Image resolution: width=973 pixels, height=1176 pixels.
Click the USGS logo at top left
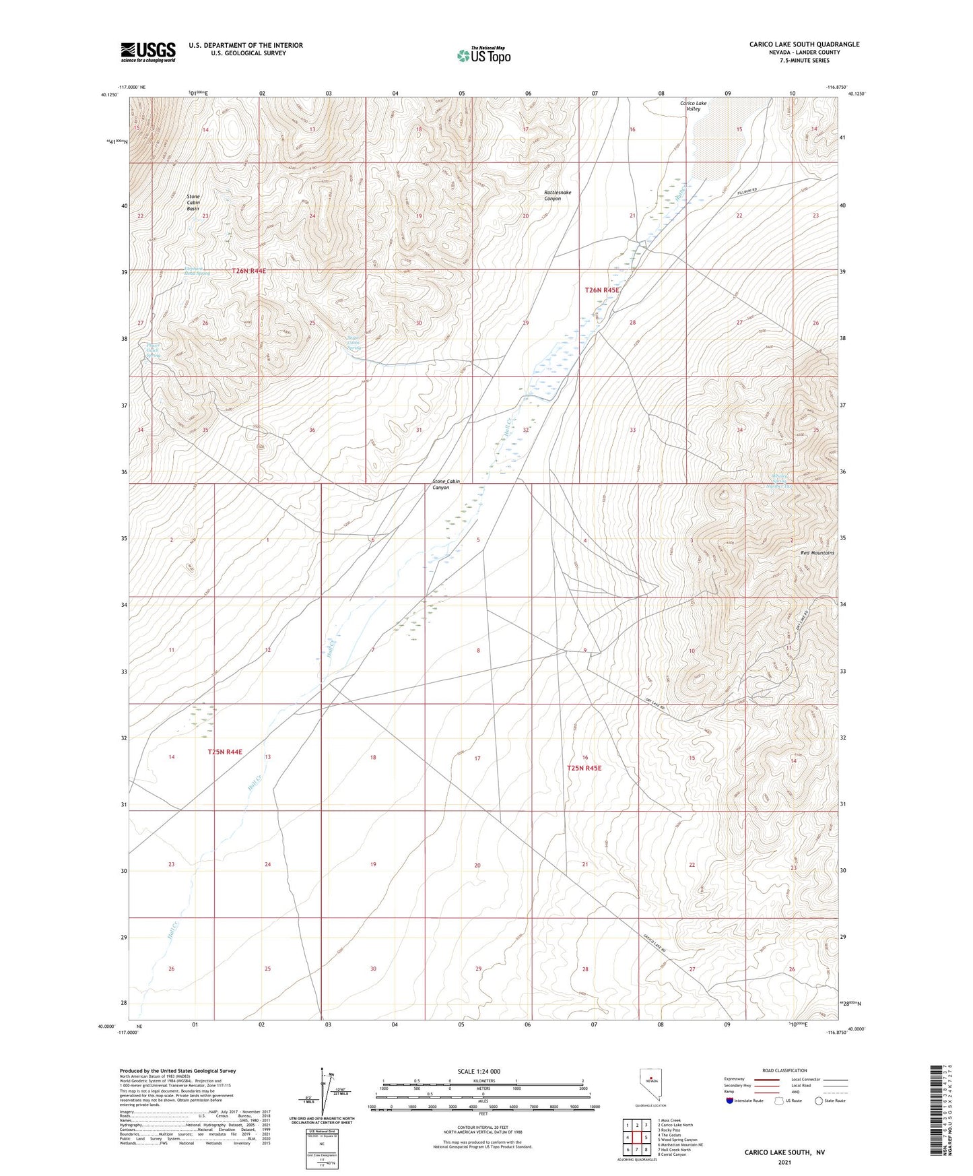click(148, 52)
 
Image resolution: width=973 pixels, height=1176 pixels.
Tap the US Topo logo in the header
click(483, 55)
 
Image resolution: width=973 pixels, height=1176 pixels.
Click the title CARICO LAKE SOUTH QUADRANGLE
click(804, 44)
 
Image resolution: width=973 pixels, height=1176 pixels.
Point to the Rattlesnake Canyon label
click(558, 195)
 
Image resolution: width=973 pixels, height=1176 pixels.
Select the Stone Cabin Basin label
click(193, 203)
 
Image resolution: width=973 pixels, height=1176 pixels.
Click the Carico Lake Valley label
click(692, 106)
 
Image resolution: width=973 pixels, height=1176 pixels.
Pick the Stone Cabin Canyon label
click(446, 484)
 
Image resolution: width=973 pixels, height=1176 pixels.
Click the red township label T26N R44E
click(249, 271)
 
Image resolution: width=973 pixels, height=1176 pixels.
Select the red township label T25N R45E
click(584, 768)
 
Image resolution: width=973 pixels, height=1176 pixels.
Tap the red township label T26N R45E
click(601, 290)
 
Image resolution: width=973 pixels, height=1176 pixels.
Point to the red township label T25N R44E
click(225, 752)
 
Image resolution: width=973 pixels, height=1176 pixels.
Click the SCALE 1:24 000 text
click(479, 1071)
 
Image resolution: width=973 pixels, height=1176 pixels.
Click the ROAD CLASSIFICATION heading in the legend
click(785, 1070)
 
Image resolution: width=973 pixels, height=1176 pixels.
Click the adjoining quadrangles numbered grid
click(636, 1138)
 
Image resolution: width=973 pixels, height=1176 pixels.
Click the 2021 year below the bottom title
click(784, 1162)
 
